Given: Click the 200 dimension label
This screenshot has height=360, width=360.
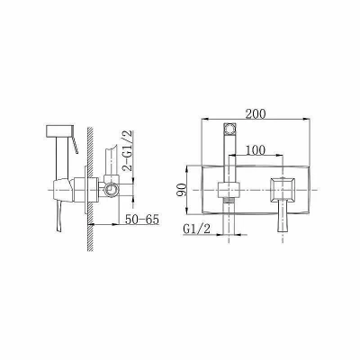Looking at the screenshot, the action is (x=256, y=114).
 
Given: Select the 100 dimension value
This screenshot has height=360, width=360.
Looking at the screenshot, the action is (x=256, y=150).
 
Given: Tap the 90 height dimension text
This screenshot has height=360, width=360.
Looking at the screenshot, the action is (x=181, y=190).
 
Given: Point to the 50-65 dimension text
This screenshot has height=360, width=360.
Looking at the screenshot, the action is (x=141, y=220).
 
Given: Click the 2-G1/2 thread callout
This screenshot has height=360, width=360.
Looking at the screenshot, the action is (x=128, y=150).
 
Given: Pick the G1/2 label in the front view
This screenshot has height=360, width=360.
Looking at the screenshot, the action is (x=197, y=229).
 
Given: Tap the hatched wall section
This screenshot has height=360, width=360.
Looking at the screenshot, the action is (x=90, y=189).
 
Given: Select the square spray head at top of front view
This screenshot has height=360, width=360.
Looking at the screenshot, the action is (x=229, y=129).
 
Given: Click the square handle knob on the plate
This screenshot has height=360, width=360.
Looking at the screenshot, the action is (x=283, y=190).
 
